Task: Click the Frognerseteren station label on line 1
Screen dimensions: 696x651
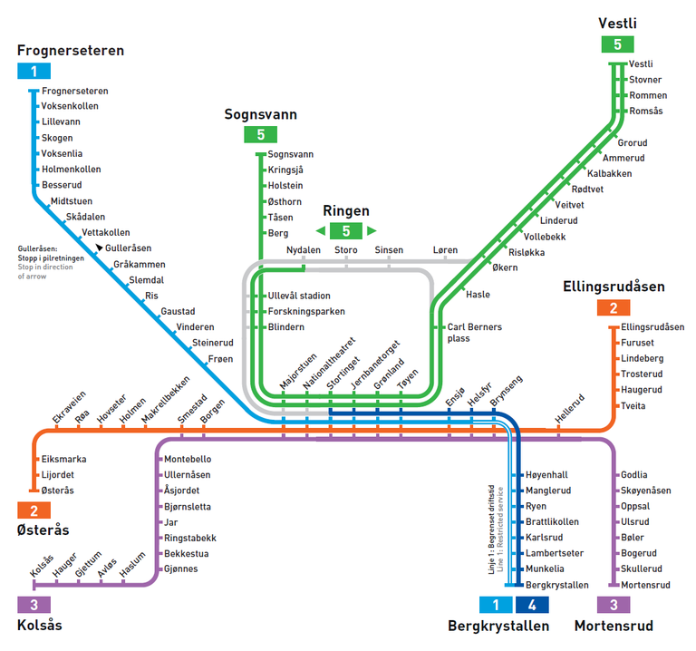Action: (75, 91)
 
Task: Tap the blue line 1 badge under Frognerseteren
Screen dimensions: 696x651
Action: (34, 71)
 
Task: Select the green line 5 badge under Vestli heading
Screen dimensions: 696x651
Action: (617, 44)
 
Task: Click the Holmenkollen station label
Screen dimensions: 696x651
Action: (72, 170)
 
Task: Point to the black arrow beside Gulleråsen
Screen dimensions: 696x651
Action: (99, 247)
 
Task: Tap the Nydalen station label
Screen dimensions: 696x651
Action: (304, 250)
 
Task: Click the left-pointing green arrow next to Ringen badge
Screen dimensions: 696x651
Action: (321, 230)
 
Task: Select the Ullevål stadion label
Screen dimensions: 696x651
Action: (299, 296)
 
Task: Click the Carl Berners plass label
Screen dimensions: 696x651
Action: (475, 333)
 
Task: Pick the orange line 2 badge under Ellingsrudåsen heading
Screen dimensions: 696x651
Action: (614, 307)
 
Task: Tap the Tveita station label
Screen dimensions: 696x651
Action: (633, 406)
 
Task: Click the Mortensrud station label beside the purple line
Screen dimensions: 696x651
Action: (645, 586)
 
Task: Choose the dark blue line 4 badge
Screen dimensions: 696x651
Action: (532, 605)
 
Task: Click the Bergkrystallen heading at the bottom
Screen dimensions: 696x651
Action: (498, 627)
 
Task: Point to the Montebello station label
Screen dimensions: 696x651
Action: (188, 459)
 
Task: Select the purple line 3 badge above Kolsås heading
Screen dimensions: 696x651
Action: (34, 605)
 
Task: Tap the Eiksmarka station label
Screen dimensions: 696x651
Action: (64, 459)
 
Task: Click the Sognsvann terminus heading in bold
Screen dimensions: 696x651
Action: (261, 114)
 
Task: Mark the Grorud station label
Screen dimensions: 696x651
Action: (633, 143)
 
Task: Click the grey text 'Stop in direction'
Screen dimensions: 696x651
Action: (45, 267)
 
